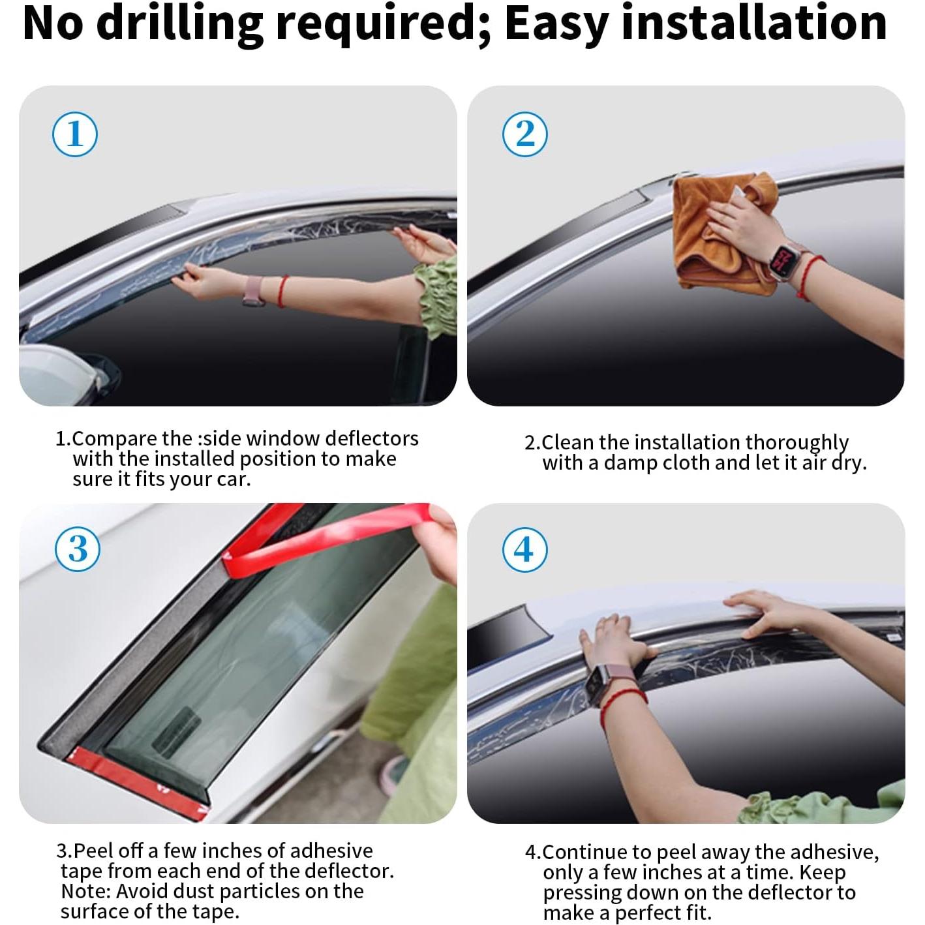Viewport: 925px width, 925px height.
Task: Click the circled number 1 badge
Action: click(75, 134)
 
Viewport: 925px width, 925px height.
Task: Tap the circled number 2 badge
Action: click(524, 134)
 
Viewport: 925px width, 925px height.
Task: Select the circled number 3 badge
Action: click(78, 549)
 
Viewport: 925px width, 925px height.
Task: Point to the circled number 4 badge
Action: click(524, 549)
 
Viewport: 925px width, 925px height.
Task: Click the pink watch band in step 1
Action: click(254, 291)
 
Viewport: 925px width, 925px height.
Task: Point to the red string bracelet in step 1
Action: click(282, 291)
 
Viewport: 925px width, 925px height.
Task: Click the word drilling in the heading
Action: click(183, 24)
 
